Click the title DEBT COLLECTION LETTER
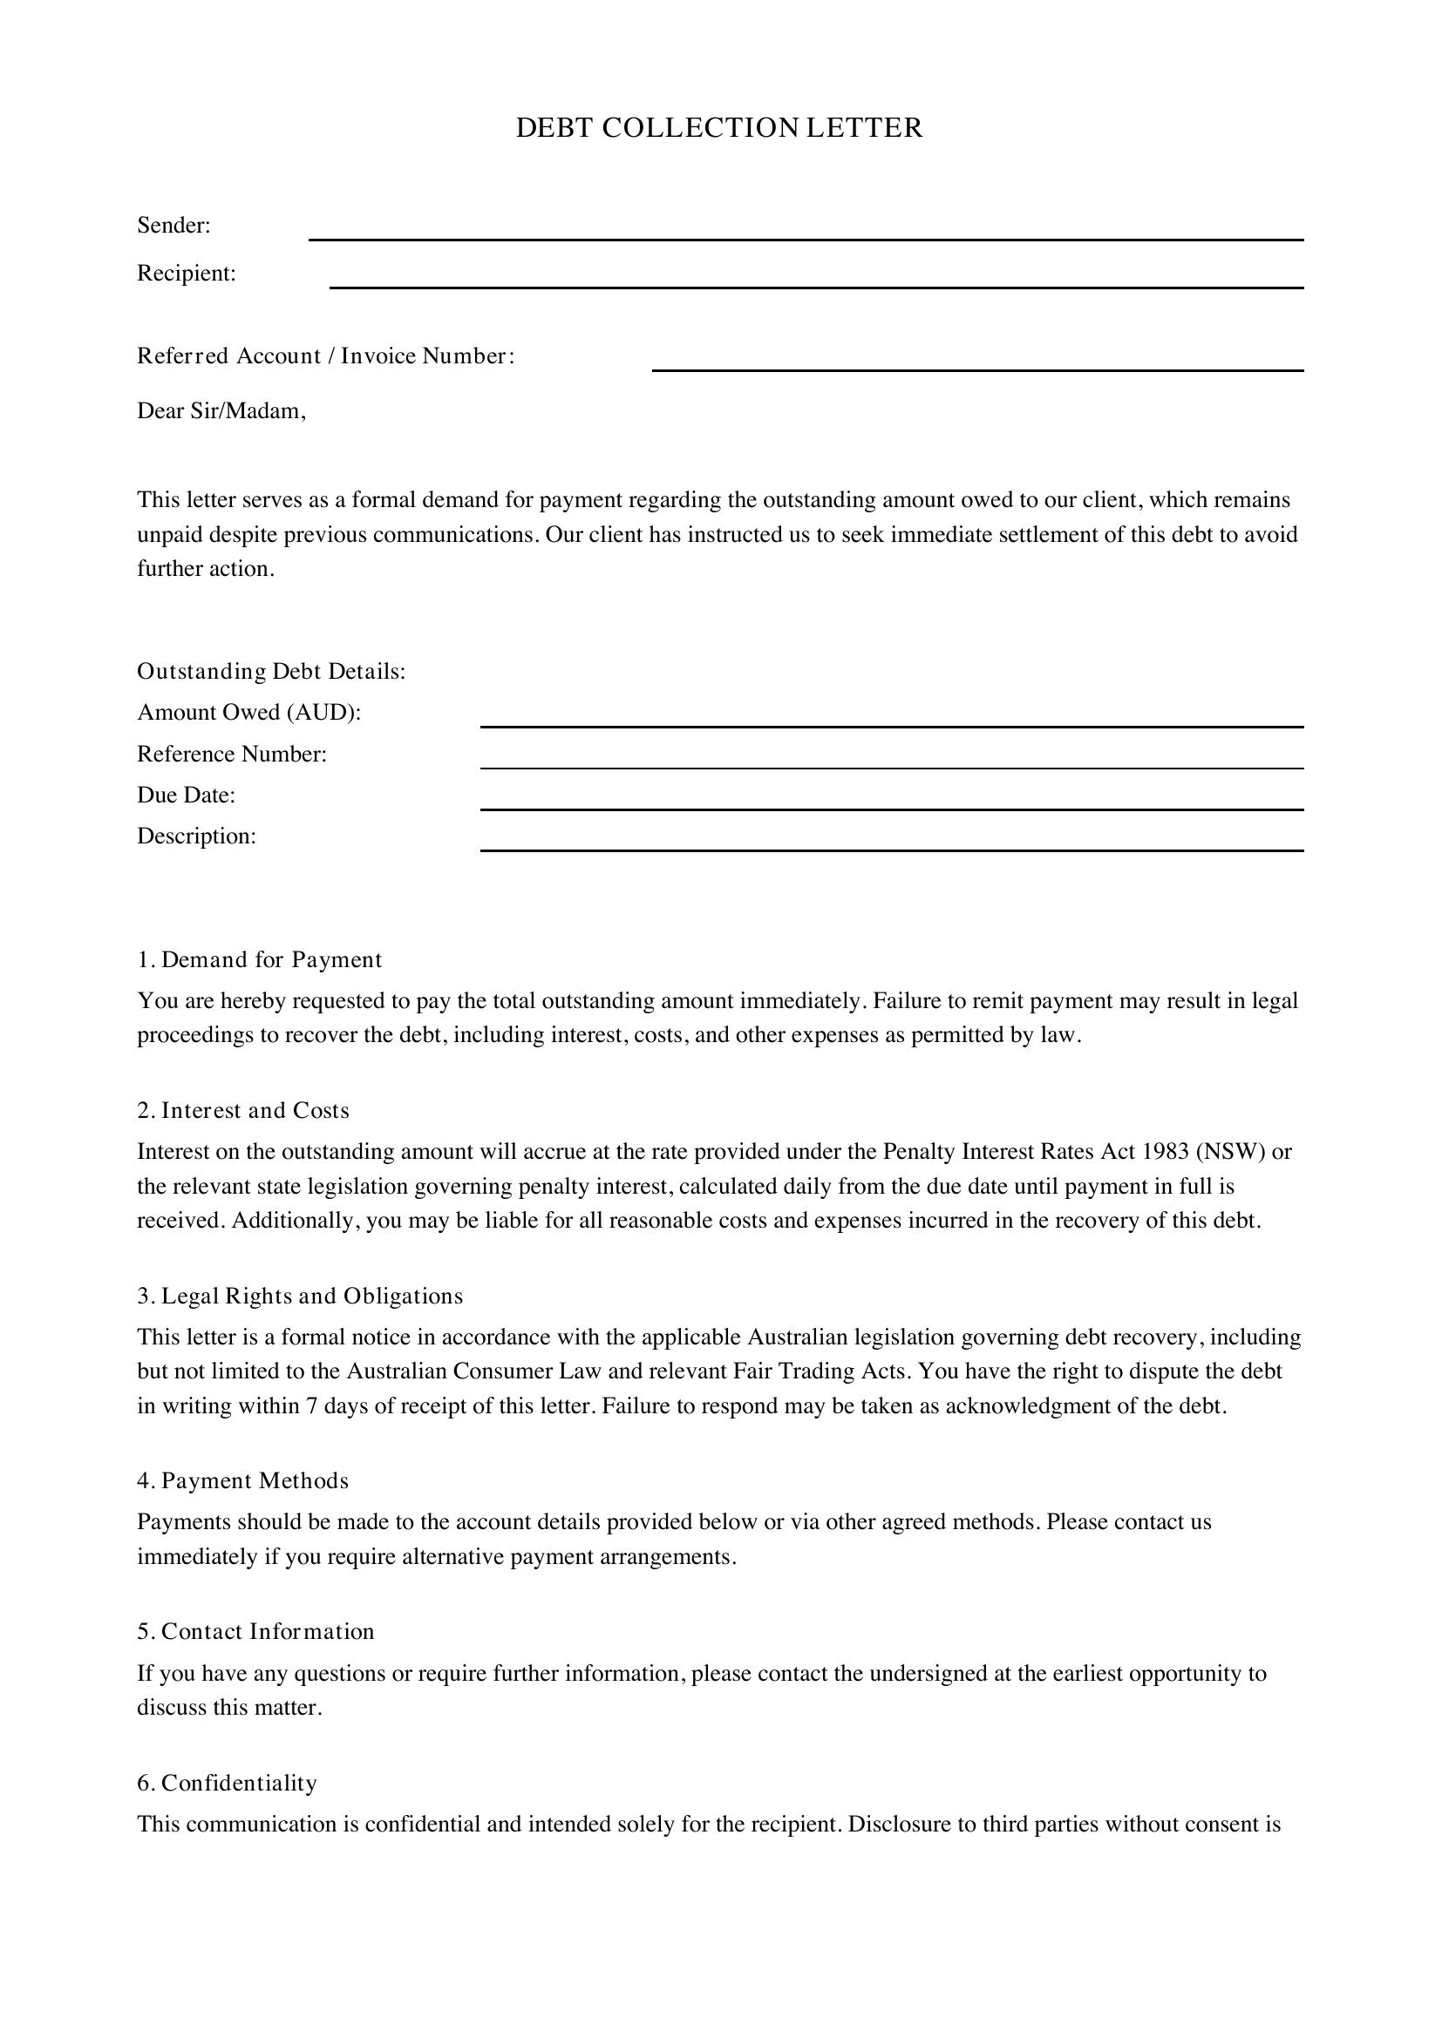click(719, 128)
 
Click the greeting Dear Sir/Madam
click(221, 411)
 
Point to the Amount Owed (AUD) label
click(248, 712)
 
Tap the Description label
click(196, 836)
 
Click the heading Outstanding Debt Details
click(271, 671)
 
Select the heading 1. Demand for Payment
click(259, 959)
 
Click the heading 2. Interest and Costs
click(243, 1110)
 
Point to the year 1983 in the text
click(1165, 1151)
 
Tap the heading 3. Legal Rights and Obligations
click(300, 1296)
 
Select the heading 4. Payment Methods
click(242, 1480)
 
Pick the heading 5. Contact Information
click(255, 1631)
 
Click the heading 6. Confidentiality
click(227, 1784)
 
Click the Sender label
click(173, 226)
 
